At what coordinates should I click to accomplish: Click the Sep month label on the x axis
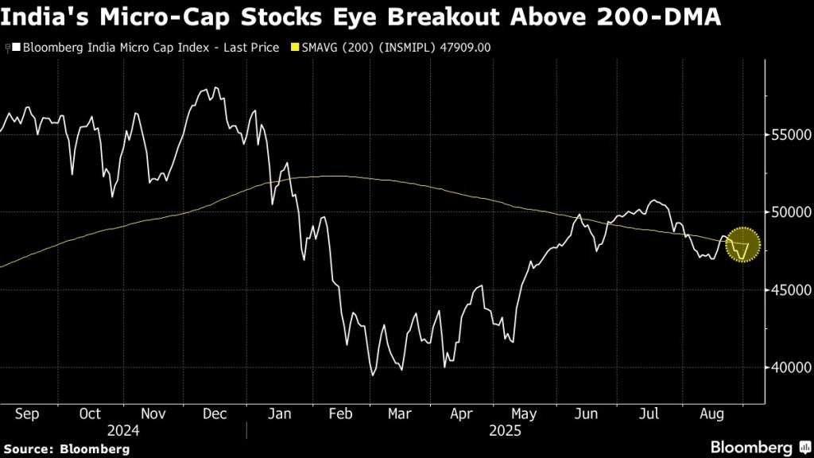click(x=28, y=413)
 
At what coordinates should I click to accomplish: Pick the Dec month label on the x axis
click(x=215, y=413)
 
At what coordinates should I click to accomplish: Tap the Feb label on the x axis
click(x=340, y=413)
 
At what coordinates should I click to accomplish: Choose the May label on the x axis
click(x=524, y=413)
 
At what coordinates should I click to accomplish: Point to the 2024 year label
click(x=123, y=430)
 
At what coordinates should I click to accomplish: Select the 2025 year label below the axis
click(x=506, y=430)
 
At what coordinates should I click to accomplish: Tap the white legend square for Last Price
click(x=15, y=48)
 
